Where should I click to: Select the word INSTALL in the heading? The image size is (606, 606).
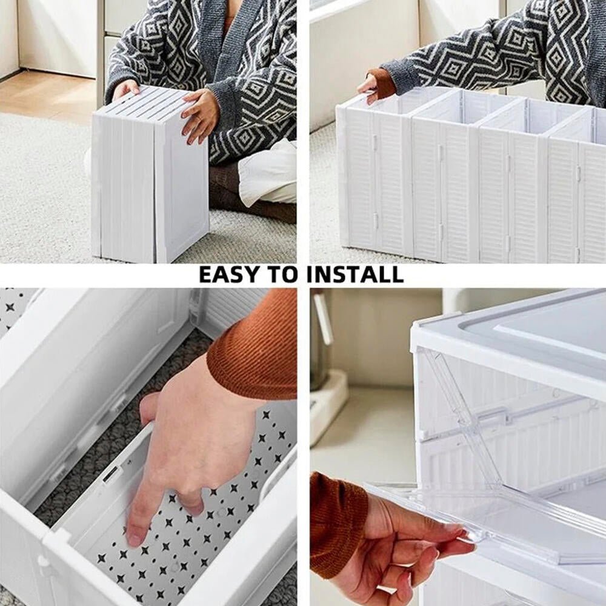coord(355,275)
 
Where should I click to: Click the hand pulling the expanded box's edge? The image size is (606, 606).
coord(367,88)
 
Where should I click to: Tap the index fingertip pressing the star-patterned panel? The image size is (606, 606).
coord(135,536)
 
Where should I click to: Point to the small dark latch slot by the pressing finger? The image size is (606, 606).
coord(111,474)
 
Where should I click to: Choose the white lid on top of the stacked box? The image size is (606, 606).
coord(515,333)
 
